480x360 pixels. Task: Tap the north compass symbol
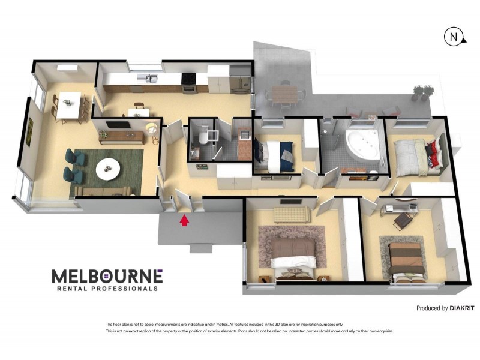[454, 37]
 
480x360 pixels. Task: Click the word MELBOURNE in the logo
[107, 276]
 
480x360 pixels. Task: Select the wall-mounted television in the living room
[118, 125]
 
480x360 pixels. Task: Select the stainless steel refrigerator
[241, 83]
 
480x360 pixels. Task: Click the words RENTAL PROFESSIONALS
[107, 289]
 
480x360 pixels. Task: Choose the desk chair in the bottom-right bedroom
[401, 221]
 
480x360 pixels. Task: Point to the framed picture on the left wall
[30, 127]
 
